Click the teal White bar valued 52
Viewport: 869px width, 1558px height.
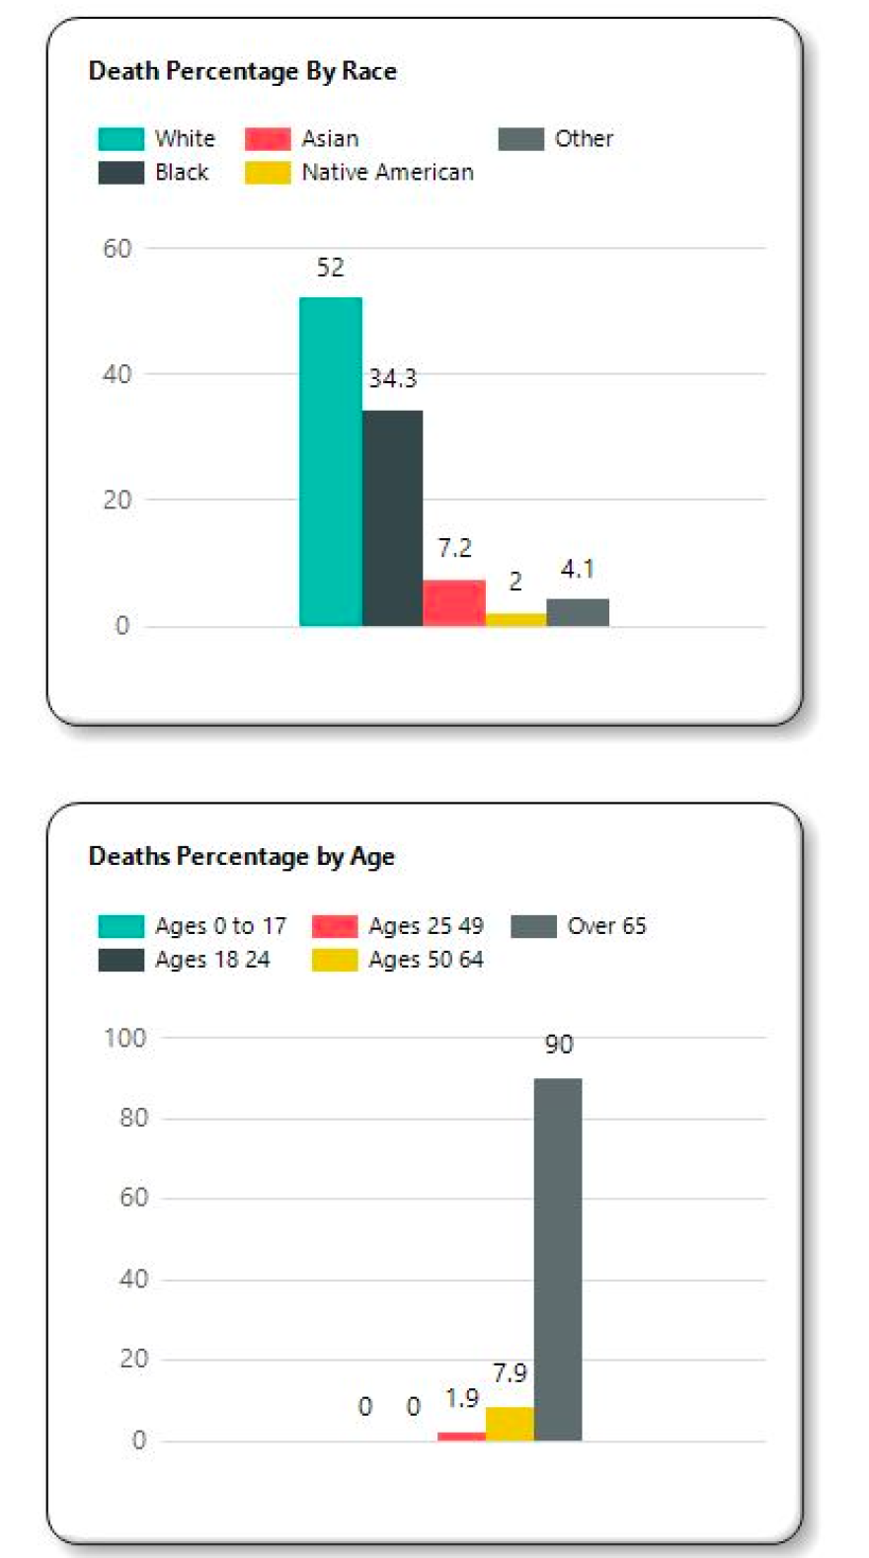click(331, 461)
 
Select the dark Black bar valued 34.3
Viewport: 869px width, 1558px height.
click(392, 517)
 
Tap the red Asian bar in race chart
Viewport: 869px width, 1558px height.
click(454, 602)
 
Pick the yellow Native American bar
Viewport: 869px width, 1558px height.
click(515, 619)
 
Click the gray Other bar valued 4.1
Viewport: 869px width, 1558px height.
click(578, 612)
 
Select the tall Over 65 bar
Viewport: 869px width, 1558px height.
click(558, 1259)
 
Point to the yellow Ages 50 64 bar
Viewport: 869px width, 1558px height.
click(510, 1424)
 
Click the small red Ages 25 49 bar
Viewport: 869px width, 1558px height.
click(461, 1436)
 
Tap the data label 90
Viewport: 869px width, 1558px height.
click(559, 1045)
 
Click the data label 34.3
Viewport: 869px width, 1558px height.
click(393, 378)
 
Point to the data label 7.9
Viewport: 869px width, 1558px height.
click(510, 1372)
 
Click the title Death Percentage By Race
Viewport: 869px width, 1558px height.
click(243, 71)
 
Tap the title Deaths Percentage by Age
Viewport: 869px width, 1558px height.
click(242, 856)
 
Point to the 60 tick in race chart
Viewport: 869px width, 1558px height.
click(117, 249)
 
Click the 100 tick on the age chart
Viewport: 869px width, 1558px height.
click(124, 1038)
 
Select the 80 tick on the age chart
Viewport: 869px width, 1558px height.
click(132, 1118)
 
